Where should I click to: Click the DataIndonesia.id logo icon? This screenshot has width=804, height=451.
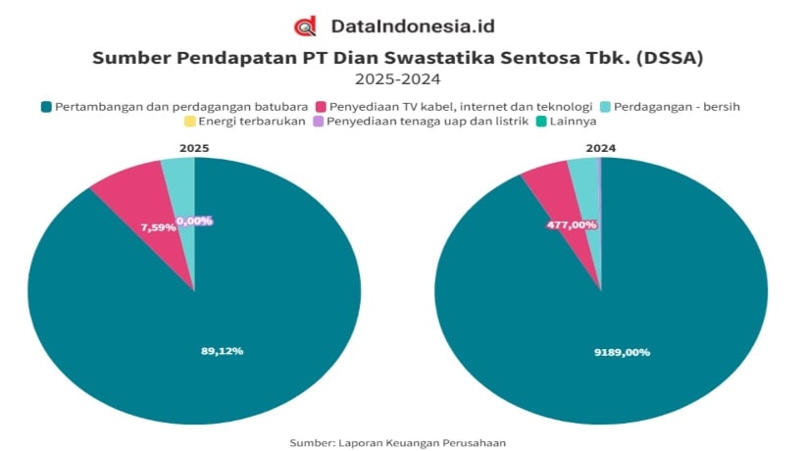click(x=305, y=25)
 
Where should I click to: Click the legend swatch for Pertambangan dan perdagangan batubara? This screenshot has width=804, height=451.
click(x=46, y=106)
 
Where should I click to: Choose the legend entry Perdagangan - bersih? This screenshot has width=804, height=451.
click(x=678, y=106)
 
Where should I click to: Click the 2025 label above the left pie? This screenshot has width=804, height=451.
click(x=193, y=148)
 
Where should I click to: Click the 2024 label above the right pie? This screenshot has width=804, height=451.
click(x=600, y=148)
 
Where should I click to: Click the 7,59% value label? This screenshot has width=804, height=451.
click(x=157, y=227)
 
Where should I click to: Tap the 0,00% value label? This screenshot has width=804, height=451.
click(x=194, y=221)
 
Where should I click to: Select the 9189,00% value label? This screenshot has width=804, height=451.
click(x=622, y=352)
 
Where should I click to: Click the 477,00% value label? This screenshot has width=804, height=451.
click(x=572, y=225)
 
